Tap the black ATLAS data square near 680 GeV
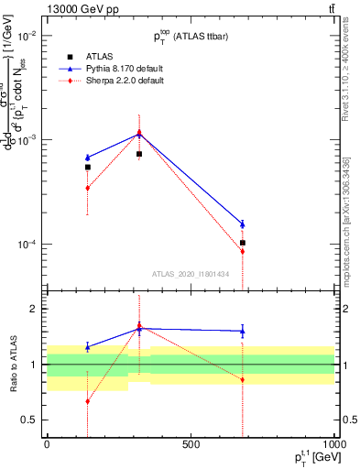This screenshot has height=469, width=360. [243, 243]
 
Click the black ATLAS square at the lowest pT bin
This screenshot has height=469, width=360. [88, 167]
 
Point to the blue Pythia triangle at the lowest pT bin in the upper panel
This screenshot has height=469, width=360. [88, 158]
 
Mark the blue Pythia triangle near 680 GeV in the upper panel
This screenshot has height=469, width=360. [243, 224]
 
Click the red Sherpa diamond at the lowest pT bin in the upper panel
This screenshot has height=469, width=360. [88, 188]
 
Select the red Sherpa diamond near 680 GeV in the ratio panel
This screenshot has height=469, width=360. [243, 379]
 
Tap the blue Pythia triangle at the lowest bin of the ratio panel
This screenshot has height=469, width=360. [88, 347]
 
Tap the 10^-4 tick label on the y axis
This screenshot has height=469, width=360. [26, 245]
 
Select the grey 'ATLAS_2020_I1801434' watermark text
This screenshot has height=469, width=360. [191, 274]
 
